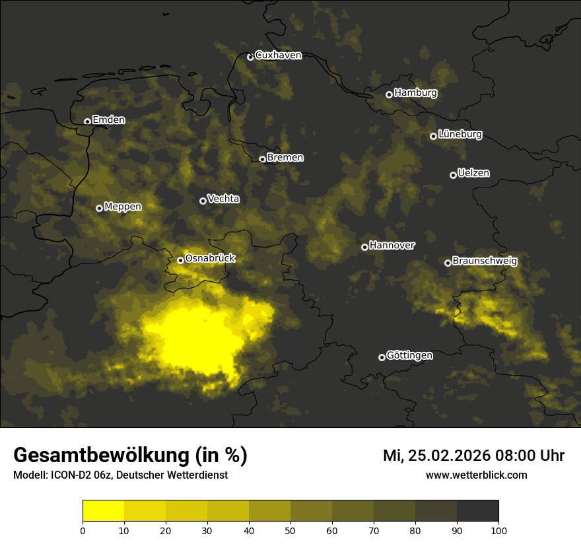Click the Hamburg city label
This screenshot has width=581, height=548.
click(415, 93)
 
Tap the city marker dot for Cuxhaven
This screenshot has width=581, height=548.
click(250, 57)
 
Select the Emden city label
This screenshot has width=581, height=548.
click(108, 120)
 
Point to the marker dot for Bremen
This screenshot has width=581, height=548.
click(262, 159)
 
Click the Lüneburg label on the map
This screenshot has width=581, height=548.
click(460, 134)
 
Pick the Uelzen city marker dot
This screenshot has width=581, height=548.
click(453, 175)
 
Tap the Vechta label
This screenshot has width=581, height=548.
click(223, 199)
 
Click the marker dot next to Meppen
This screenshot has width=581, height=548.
click(99, 208)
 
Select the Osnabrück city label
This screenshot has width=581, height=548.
click(210, 258)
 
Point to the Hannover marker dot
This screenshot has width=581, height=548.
click(364, 247)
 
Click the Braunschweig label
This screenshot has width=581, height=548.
click(485, 261)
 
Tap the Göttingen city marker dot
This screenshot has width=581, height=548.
click(382, 357)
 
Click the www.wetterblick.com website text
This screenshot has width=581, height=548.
click(476, 475)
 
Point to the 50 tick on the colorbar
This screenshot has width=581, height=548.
click(290, 530)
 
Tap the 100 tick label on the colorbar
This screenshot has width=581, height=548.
click(498, 530)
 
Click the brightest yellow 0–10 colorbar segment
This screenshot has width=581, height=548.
click(104, 511)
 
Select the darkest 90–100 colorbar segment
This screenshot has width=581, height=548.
click(477, 511)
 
